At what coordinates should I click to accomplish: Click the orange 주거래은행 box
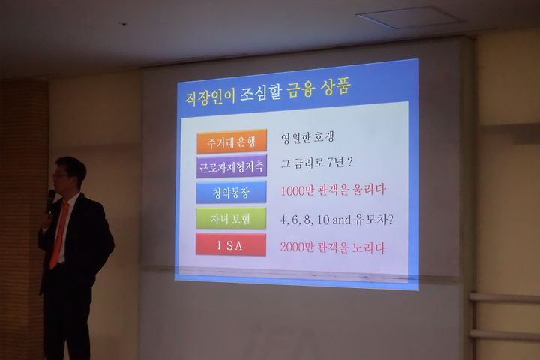(x=232, y=142)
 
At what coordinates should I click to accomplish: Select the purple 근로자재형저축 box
(x=232, y=166)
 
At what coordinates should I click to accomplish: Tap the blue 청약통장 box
(x=232, y=193)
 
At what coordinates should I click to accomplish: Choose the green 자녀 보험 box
(x=231, y=218)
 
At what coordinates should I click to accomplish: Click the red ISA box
(x=231, y=245)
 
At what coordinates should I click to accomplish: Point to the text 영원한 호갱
(x=307, y=138)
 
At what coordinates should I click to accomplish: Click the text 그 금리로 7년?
(x=316, y=163)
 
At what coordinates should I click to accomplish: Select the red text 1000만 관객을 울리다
(x=333, y=190)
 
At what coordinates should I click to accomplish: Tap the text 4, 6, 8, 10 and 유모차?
(x=337, y=219)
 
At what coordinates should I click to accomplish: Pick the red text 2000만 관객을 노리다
(x=332, y=247)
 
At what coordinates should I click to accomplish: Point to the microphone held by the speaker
(x=50, y=202)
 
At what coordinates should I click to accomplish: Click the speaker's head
(x=70, y=175)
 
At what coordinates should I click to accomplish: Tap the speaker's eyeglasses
(x=59, y=175)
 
